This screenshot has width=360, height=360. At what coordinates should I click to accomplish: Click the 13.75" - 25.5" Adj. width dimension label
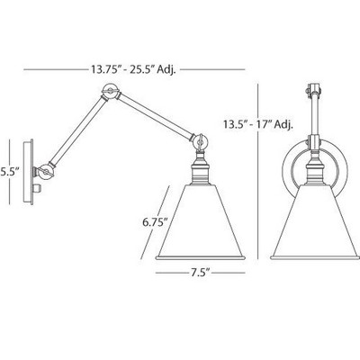133,69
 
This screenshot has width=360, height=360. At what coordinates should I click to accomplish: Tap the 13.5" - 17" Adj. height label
258,124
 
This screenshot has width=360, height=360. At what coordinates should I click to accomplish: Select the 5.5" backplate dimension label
10,173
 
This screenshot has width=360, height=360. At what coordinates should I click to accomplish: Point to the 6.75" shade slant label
155,222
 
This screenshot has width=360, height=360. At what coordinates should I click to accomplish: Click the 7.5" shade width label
200,273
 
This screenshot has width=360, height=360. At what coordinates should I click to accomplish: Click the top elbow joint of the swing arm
111,91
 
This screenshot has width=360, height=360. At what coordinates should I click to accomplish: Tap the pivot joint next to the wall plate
46,172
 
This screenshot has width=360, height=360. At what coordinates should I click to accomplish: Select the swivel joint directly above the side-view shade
201,142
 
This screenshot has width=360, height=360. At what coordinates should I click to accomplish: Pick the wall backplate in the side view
29,172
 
